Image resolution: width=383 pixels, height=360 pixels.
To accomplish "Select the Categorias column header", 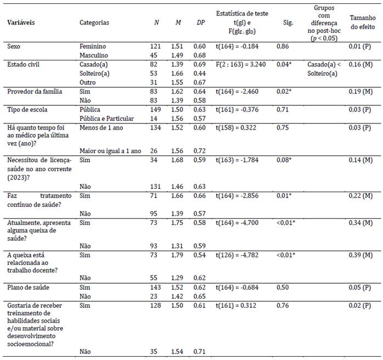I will coord(94,23).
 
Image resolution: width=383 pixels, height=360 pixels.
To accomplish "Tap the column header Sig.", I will coord(289,23).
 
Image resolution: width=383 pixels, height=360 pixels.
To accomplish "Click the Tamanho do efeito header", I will coord(362,22).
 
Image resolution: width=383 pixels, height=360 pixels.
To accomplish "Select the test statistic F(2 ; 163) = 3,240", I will coord(241,65).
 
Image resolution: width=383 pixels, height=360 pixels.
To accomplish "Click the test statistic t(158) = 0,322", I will coord(236,128).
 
